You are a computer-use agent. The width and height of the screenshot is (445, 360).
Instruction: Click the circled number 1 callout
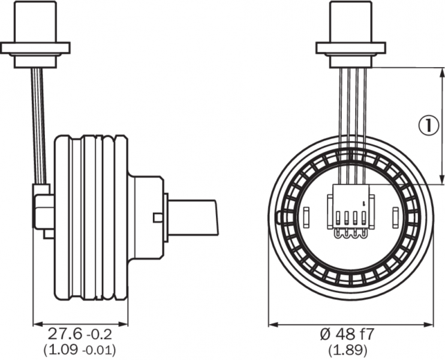pos(429,125)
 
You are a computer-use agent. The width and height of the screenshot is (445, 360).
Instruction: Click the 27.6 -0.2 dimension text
pos(80,334)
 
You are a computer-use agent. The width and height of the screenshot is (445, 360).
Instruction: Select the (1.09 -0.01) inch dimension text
pos(80,350)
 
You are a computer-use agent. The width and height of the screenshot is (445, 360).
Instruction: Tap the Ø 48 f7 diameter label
pos(347,334)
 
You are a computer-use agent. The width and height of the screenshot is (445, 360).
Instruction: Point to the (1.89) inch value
pos(348,350)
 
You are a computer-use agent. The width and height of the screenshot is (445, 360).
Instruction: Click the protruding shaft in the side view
pos(193,217)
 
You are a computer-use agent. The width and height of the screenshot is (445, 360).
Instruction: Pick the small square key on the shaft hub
pos(158,217)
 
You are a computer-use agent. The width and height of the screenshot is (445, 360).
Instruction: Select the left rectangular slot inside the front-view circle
pos(306,217)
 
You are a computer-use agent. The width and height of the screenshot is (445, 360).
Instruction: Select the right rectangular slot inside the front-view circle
pos(396,217)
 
